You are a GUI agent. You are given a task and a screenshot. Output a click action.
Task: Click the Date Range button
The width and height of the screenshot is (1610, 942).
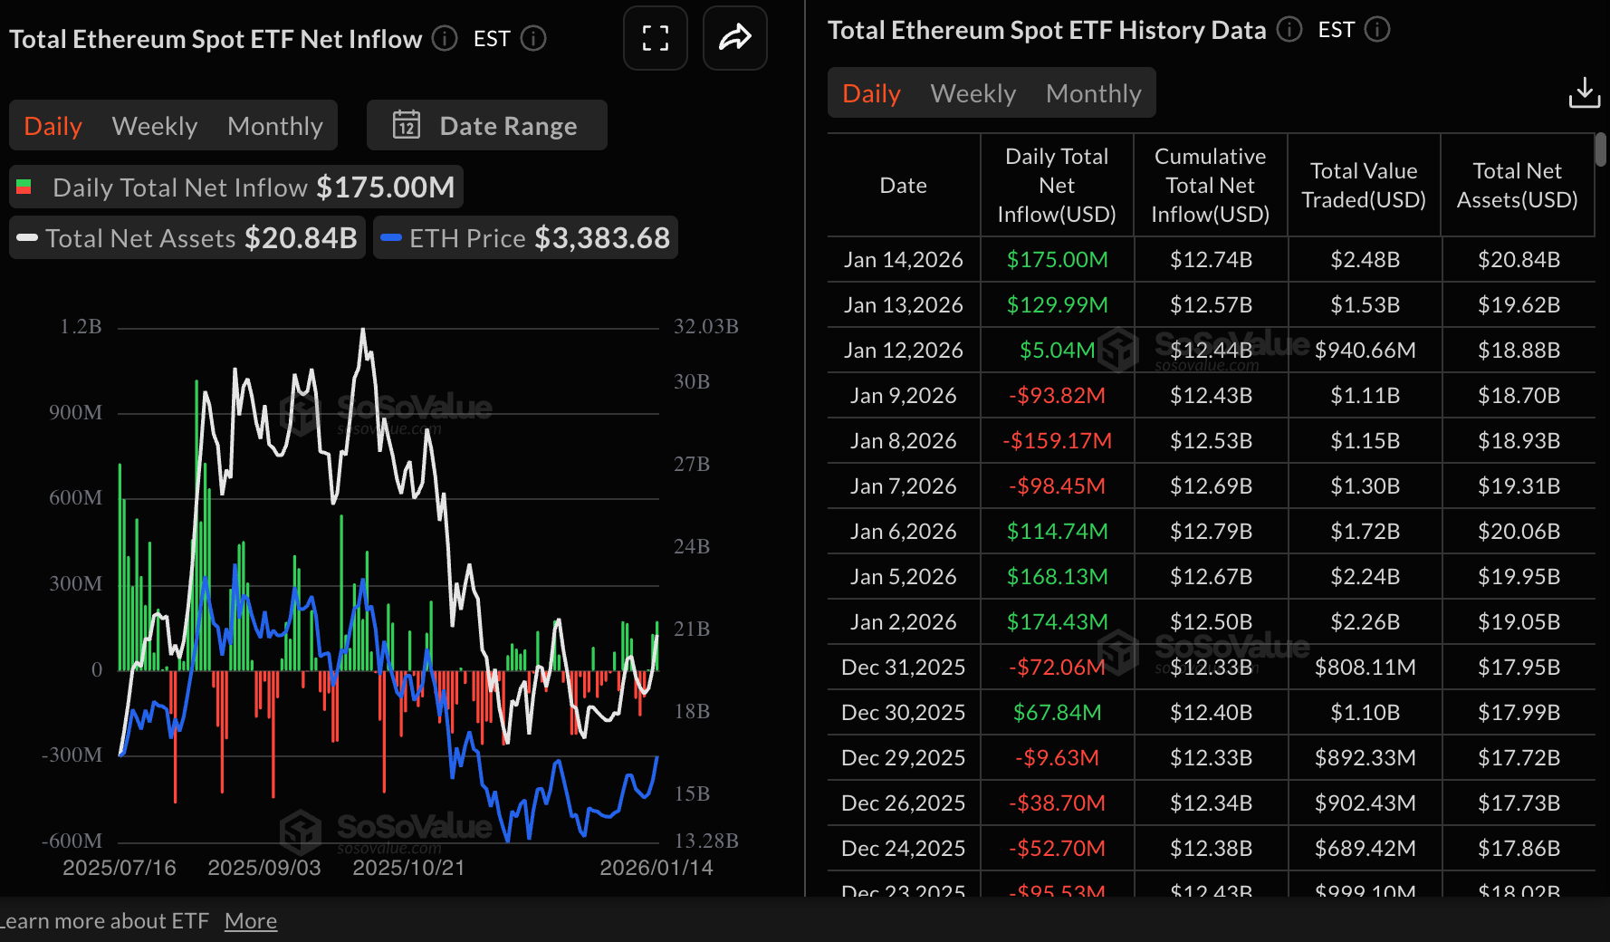click(x=487, y=126)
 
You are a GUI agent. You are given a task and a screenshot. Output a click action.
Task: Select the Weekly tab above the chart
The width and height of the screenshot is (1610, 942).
click(x=154, y=126)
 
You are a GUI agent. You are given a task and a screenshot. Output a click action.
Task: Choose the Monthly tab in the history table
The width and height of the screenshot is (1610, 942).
click(x=1093, y=93)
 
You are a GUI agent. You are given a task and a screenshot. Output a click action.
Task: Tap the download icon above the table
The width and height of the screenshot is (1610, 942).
click(x=1584, y=92)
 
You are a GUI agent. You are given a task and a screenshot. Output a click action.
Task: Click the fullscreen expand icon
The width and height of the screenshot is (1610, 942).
click(x=655, y=38)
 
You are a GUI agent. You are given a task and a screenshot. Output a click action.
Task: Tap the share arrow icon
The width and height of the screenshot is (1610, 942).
click(x=734, y=38)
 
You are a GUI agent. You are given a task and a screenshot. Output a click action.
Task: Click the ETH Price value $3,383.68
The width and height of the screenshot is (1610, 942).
click(x=602, y=238)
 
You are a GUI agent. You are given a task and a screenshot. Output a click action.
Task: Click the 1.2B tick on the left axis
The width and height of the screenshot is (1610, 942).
click(x=81, y=326)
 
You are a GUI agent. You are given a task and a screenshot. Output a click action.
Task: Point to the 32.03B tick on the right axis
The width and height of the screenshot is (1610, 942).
click(x=705, y=326)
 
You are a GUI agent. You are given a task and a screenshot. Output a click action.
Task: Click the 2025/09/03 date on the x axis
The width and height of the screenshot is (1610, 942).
click(x=264, y=868)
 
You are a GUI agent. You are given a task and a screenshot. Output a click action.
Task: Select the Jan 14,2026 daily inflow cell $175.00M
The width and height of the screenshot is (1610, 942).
click(x=1057, y=260)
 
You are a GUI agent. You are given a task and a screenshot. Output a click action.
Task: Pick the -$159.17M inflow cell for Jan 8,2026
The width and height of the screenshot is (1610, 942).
click(x=1057, y=441)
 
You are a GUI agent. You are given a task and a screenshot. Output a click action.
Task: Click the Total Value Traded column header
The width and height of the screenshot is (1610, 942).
click(x=1363, y=186)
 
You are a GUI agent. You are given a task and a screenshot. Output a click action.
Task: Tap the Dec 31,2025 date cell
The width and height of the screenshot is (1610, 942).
click(x=903, y=668)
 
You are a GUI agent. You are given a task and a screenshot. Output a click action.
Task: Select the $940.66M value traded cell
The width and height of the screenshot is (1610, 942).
click(x=1365, y=351)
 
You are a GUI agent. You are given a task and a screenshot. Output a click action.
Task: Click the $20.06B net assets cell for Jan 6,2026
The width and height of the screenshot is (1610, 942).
click(x=1519, y=532)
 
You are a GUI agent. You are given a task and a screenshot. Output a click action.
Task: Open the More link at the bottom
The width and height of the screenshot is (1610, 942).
click(x=251, y=921)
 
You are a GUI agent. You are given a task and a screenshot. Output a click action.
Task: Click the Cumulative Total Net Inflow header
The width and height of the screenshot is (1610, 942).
click(x=1210, y=186)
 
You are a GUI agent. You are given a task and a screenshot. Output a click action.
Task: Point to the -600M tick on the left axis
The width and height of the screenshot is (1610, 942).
click(x=72, y=841)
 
